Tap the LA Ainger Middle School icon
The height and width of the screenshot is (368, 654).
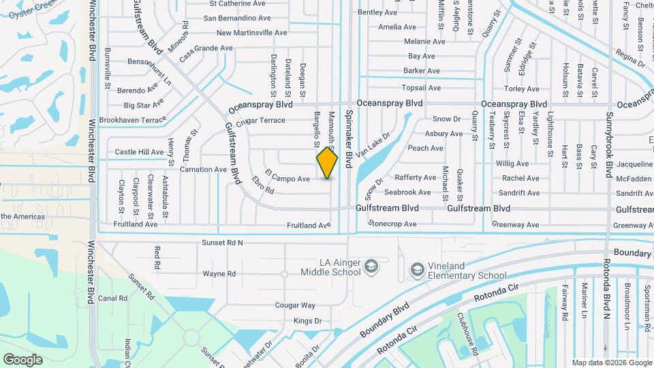pyautogui.click(x=371, y=265)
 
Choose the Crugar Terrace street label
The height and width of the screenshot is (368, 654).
pyautogui.click(x=260, y=121)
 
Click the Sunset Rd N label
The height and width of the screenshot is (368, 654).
pyautogui.click(x=222, y=243)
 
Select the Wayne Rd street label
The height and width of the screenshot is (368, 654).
pyautogui.click(x=219, y=274)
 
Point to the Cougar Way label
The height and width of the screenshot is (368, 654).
pyautogui.click(x=294, y=305)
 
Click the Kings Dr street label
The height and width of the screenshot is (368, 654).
pyautogui.click(x=307, y=321)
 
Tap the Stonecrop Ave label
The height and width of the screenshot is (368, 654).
pyautogui.click(x=392, y=224)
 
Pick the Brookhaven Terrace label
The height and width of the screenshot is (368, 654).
pyautogui.click(x=132, y=120)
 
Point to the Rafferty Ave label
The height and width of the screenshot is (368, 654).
pyautogui.click(x=415, y=177)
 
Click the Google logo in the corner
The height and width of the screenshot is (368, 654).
pyautogui.click(x=22, y=359)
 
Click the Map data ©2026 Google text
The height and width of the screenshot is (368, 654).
pyautogui.click(x=611, y=363)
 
